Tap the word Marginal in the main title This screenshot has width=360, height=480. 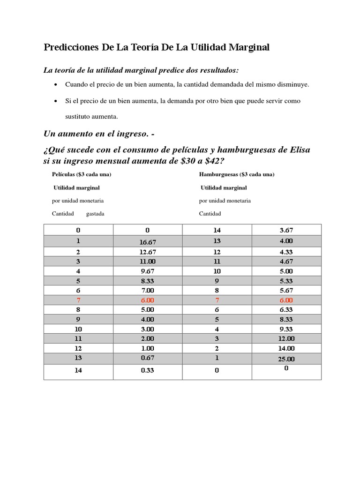click(247, 48)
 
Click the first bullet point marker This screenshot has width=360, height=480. click(56, 85)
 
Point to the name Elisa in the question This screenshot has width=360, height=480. click(297, 150)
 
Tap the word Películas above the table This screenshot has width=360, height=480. click(63, 174)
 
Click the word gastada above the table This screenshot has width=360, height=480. click(95, 214)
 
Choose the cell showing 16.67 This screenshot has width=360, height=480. click(148, 242)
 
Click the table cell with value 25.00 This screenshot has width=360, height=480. click(286, 359)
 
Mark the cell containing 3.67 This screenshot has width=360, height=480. click(286, 230)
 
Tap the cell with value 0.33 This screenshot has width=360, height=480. click(148, 370)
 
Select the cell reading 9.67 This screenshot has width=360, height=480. click(148, 271)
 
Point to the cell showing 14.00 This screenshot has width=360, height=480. click(286, 348)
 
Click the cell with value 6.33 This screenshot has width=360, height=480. click(286, 310)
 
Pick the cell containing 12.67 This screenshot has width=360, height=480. click(148, 252)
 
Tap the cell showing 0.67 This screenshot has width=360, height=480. click(148, 358)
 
